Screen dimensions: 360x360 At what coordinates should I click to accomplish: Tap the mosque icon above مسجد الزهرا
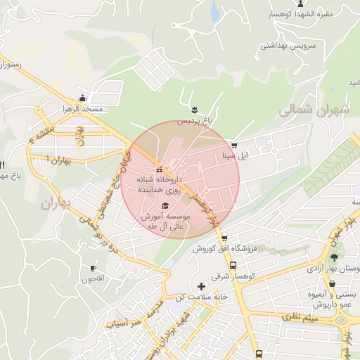(x=83, y=98)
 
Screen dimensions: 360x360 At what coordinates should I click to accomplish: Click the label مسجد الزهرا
(x=83, y=110)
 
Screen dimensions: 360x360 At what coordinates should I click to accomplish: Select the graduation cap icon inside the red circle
(x=165, y=205)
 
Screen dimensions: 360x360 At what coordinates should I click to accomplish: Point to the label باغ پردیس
(x=193, y=121)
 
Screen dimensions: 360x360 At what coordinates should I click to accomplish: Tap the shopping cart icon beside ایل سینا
(x=234, y=146)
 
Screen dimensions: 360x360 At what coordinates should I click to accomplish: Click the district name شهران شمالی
(x=314, y=111)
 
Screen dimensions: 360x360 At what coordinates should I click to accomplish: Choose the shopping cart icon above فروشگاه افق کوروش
(x=224, y=238)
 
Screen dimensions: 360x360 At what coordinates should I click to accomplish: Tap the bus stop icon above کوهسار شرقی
(x=233, y=266)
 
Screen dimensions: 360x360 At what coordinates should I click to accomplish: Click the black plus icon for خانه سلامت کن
(x=202, y=286)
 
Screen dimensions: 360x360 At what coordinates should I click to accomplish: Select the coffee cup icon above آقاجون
(x=93, y=268)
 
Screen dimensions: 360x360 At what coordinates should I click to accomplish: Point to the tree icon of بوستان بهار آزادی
(x=334, y=257)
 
